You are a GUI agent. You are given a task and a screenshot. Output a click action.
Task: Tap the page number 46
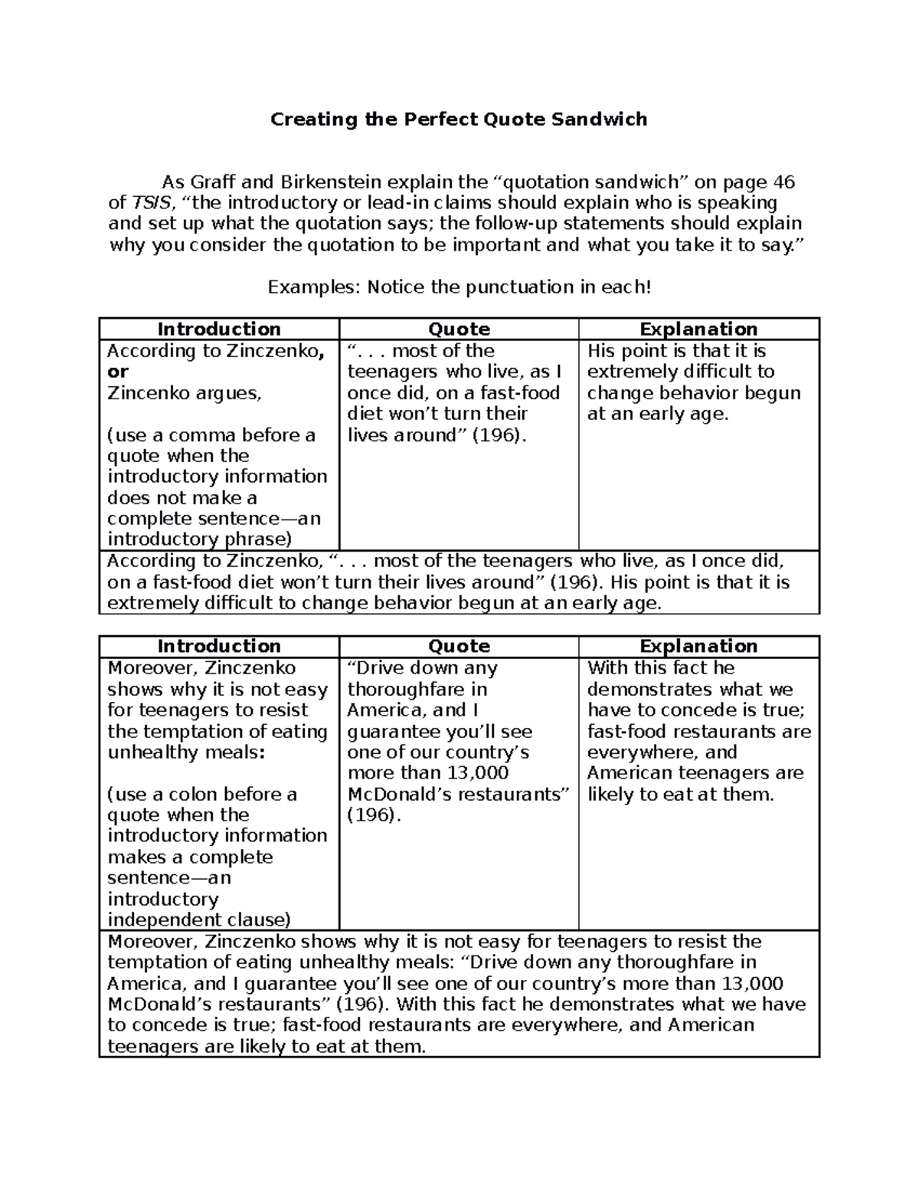coord(783,182)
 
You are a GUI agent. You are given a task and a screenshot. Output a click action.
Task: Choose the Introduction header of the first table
coord(219,329)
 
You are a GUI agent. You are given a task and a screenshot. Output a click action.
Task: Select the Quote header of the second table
coord(459,647)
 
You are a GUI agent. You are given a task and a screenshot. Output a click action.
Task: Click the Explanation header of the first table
coord(698,329)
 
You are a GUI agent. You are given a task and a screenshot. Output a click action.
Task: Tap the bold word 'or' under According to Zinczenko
coord(118,372)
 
